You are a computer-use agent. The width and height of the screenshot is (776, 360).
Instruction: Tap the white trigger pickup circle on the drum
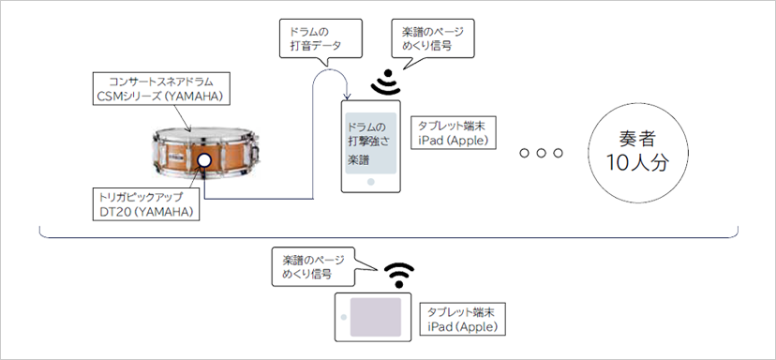pos(204,161)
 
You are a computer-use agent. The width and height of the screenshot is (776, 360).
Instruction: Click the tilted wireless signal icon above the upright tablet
pos(383,83)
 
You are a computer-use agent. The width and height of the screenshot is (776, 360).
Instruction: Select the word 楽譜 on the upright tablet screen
pos(357,160)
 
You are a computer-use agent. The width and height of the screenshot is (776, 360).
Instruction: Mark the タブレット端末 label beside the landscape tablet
pos(460,311)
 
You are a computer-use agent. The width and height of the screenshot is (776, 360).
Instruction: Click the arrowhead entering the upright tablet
pos(348,97)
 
